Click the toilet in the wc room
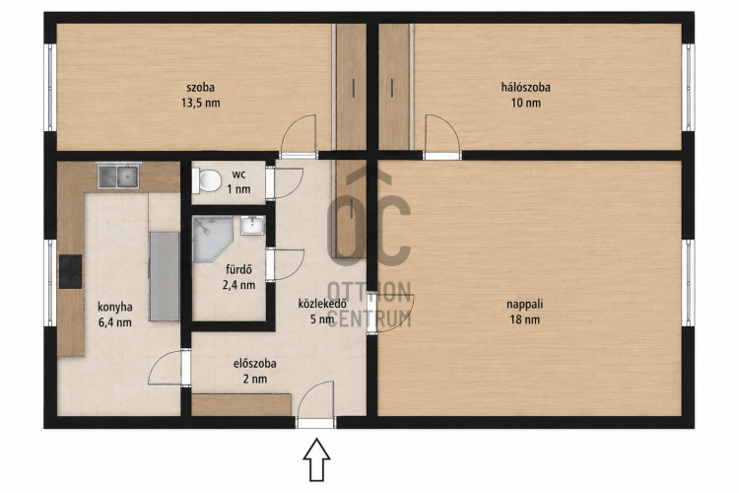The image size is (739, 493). pyautogui.click(x=207, y=180)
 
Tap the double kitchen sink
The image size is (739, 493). pyautogui.click(x=118, y=176)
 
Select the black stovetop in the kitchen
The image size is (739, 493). pyautogui.click(x=70, y=272)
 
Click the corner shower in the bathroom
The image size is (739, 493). pyautogui.click(x=212, y=238)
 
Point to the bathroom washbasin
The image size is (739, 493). pyautogui.click(x=253, y=225)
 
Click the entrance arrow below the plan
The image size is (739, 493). pyautogui.click(x=316, y=459)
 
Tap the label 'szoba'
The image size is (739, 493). pyautogui.click(x=201, y=88)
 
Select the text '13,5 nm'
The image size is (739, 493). pyautogui.click(x=201, y=103)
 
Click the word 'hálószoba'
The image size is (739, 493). pyautogui.click(x=525, y=88)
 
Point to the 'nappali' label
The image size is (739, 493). pyautogui.click(x=524, y=305)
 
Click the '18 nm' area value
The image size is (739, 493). pyautogui.click(x=524, y=319)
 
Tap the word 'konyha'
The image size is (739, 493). pyautogui.click(x=115, y=307)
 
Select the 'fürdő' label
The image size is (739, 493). pyautogui.click(x=239, y=270)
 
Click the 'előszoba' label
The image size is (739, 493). pyautogui.click(x=255, y=364)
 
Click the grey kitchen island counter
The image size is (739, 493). pyautogui.click(x=164, y=276)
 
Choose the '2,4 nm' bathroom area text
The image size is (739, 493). pyautogui.click(x=239, y=285)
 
